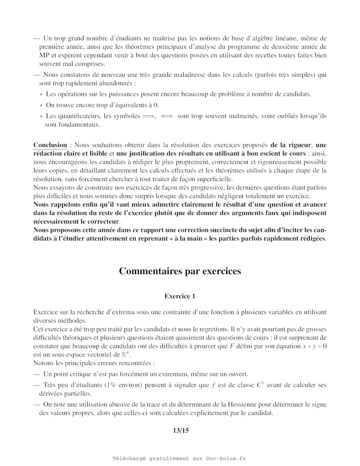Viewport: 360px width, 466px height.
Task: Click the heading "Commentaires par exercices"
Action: [x=180, y=271]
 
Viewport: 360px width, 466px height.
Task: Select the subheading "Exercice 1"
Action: [x=180, y=296]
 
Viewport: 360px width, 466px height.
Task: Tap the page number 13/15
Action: [x=181, y=430]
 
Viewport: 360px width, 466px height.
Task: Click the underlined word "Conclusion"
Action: [x=50, y=145]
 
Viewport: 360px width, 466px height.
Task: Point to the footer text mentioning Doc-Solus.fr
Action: [x=179, y=458]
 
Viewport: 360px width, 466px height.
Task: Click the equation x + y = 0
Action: [x=314, y=346]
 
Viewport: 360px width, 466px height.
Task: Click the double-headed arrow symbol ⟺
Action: [x=166, y=116]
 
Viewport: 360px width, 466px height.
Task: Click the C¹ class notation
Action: [x=260, y=385]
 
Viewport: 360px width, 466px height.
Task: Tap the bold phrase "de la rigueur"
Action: [x=291, y=145]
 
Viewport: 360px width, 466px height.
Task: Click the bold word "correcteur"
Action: [x=103, y=222]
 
